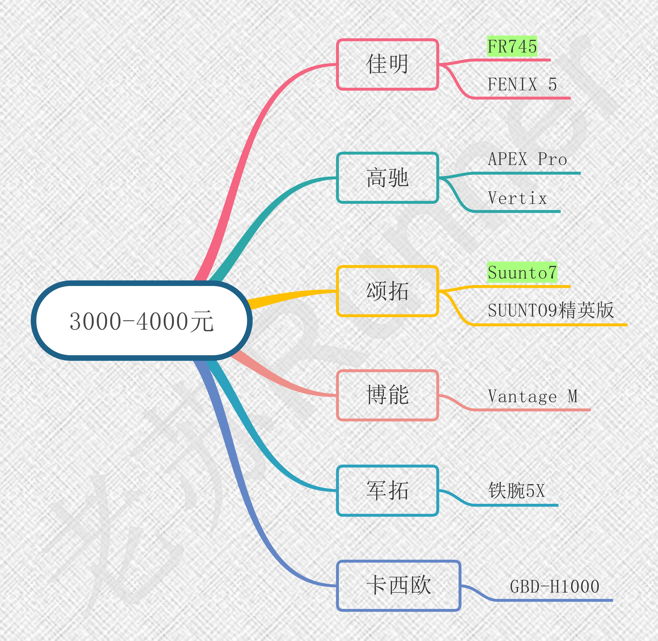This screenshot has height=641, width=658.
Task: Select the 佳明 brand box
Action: point(387,64)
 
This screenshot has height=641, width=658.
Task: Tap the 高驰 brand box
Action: point(387,178)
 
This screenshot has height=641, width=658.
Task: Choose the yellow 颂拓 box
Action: point(387,291)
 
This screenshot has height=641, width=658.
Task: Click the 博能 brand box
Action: point(387,395)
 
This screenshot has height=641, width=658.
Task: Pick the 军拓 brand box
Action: point(387,490)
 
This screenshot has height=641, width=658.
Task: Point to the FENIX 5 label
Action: point(522,84)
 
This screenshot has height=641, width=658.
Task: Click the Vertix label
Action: point(517,198)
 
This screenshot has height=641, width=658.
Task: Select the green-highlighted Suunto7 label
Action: point(522,272)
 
